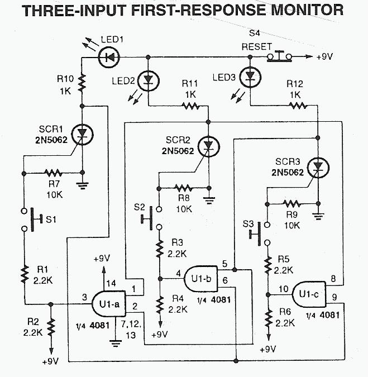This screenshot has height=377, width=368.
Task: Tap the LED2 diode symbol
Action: [148, 81]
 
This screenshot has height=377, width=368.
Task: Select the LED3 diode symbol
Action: [250, 77]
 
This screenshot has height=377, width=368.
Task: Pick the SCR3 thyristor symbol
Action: [318, 166]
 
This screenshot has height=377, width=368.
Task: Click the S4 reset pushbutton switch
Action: [280, 56]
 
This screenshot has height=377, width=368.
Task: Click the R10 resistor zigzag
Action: [83, 84]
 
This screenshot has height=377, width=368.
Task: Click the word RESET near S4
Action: [257, 46]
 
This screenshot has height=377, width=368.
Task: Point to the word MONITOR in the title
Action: [295, 9]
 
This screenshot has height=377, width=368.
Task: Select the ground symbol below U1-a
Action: [115, 342]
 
